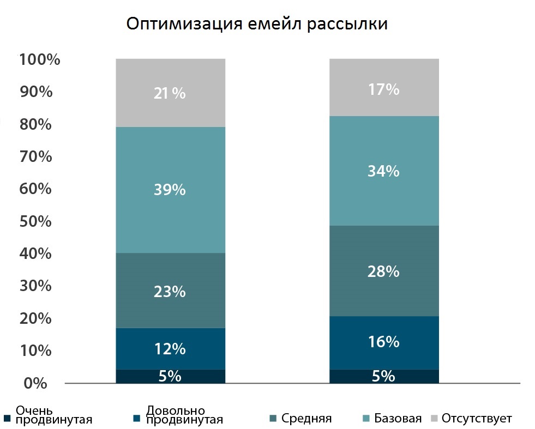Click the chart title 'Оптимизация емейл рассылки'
[x=257, y=24]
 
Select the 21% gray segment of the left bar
[x=171, y=93]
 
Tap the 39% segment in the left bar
[x=171, y=190]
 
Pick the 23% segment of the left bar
[x=171, y=291]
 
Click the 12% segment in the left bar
[x=171, y=348]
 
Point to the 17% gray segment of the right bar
[x=384, y=87]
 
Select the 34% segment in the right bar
[x=384, y=171]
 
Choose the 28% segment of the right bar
[x=384, y=271]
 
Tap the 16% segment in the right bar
[x=384, y=343]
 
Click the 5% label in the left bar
[x=170, y=376]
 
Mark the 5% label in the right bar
[x=383, y=376]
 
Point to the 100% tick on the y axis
[x=40, y=59]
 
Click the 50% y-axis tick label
[x=35, y=221]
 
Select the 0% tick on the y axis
[x=35, y=383]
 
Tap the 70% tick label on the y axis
[x=35, y=156]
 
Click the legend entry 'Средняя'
[x=300, y=418]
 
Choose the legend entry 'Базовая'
[x=392, y=418]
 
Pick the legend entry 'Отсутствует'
[x=472, y=418]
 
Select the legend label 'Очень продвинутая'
[x=54, y=415]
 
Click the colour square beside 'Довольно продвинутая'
[x=137, y=419]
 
